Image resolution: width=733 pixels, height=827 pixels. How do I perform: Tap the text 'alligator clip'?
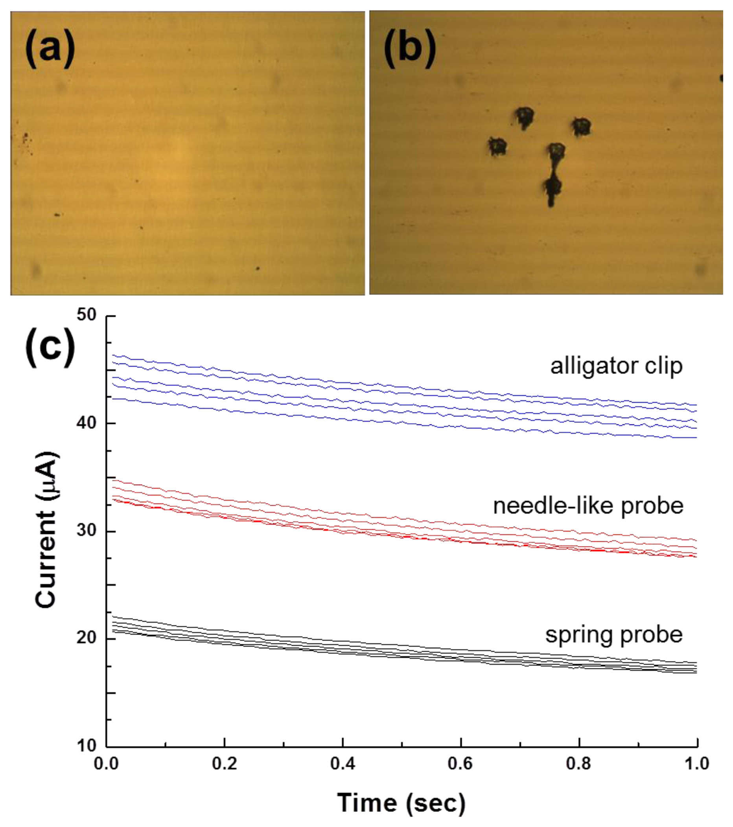click(x=616, y=366)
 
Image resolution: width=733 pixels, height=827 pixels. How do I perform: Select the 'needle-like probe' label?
click(x=588, y=506)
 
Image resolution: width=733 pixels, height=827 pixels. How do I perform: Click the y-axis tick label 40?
click(x=86, y=423)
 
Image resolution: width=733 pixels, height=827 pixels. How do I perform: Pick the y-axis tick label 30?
click(x=86, y=531)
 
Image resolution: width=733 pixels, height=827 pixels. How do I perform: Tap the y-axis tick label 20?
click(x=86, y=638)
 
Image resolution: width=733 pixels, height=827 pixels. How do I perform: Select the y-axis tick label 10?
click(x=86, y=746)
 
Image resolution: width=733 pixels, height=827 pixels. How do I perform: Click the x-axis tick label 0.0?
click(x=106, y=764)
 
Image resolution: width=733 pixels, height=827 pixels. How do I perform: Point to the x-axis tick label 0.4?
click(x=343, y=764)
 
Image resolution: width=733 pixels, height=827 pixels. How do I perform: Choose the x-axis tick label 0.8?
click(x=579, y=764)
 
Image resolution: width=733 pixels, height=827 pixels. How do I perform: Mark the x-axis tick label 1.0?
click(x=697, y=764)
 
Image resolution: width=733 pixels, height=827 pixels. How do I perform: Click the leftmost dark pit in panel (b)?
click(x=497, y=146)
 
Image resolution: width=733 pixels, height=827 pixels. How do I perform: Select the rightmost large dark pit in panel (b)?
click(x=582, y=127)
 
